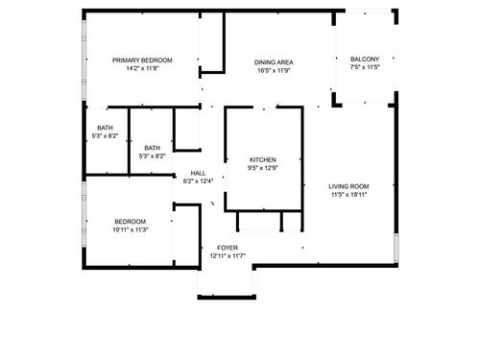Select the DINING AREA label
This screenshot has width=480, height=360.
[x=274, y=60]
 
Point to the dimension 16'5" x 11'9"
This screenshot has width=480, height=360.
[x=274, y=69]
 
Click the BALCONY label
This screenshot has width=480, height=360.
[x=365, y=59]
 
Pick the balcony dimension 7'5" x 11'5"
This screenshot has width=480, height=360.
[x=365, y=68]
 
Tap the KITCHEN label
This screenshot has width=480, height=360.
[x=263, y=158]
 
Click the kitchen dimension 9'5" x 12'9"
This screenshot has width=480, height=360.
[x=263, y=168]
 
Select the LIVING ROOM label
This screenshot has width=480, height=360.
[x=348, y=185]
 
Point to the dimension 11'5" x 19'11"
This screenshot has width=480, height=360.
[x=348, y=195]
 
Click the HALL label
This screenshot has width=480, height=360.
[x=198, y=173]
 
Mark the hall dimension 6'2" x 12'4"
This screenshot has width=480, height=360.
[x=198, y=181]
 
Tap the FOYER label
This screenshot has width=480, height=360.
[x=228, y=248]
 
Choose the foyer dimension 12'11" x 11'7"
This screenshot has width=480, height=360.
[x=228, y=256]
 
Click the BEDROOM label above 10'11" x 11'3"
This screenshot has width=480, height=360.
[x=130, y=221]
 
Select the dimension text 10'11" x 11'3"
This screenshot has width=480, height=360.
[x=130, y=230]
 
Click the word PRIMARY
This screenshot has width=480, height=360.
[x=124, y=60]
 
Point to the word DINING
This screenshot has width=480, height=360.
[x=265, y=60]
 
